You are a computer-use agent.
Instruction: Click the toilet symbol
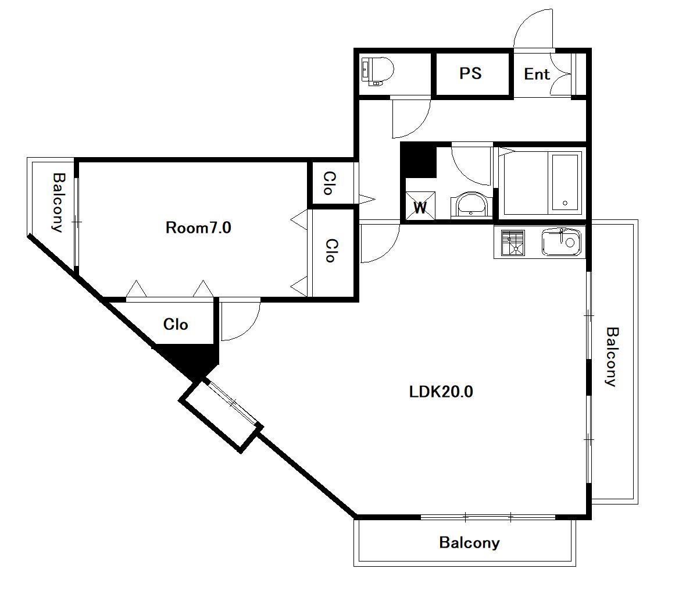coord(377,71)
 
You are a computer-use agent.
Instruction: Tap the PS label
coord(470,73)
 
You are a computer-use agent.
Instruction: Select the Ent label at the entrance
coord(537,74)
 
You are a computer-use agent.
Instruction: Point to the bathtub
coord(565,183)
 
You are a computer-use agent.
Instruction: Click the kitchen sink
coord(561,242)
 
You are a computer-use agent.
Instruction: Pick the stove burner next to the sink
coord(513,243)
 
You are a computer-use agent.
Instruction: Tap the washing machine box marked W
coord(420,205)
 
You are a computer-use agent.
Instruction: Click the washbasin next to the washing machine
coord(471,205)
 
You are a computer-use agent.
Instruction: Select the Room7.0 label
coord(198,228)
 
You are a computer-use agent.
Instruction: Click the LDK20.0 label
coord(441,392)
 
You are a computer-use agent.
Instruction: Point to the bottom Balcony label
coord(469,542)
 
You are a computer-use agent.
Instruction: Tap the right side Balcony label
coord(612,357)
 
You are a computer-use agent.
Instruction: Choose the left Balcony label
coord(58,202)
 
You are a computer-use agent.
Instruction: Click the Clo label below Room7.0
coord(176,324)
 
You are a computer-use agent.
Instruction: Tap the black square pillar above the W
coord(419,160)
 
